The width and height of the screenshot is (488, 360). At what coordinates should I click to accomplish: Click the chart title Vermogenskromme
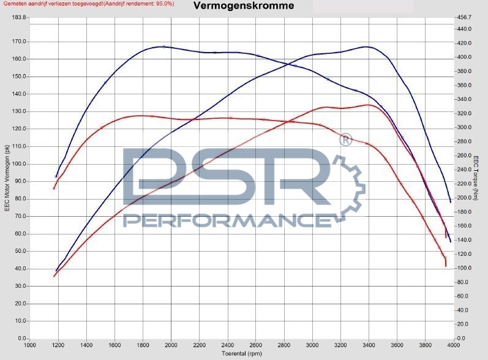[x=243, y=6]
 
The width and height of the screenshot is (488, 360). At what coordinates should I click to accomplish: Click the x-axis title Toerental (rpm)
[x=241, y=354]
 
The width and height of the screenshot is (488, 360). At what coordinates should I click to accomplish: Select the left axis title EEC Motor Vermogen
[x=7, y=178]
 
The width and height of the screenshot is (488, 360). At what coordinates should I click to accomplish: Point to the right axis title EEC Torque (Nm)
[x=475, y=178]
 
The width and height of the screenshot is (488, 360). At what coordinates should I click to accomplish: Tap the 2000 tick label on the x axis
[x=171, y=345]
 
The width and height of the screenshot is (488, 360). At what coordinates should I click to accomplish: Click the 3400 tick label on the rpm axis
[x=369, y=345]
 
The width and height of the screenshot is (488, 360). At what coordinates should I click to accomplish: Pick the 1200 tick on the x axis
[x=58, y=345]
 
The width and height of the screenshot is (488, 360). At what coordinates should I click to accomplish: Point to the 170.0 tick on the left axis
[x=19, y=42]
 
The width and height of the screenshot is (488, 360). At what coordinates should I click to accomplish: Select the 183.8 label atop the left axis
[x=19, y=17]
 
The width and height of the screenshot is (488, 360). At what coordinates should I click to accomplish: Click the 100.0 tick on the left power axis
[x=19, y=164]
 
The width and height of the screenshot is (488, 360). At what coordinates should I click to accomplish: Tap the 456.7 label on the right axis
[x=465, y=17]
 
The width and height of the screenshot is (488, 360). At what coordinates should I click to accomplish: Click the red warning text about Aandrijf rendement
[x=87, y=4]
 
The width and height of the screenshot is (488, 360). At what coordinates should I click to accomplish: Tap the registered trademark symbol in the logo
[x=345, y=140]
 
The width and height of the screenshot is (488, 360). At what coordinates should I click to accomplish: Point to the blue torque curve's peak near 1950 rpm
[x=163, y=47]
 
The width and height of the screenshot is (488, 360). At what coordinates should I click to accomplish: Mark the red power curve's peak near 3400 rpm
[x=368, y=105]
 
